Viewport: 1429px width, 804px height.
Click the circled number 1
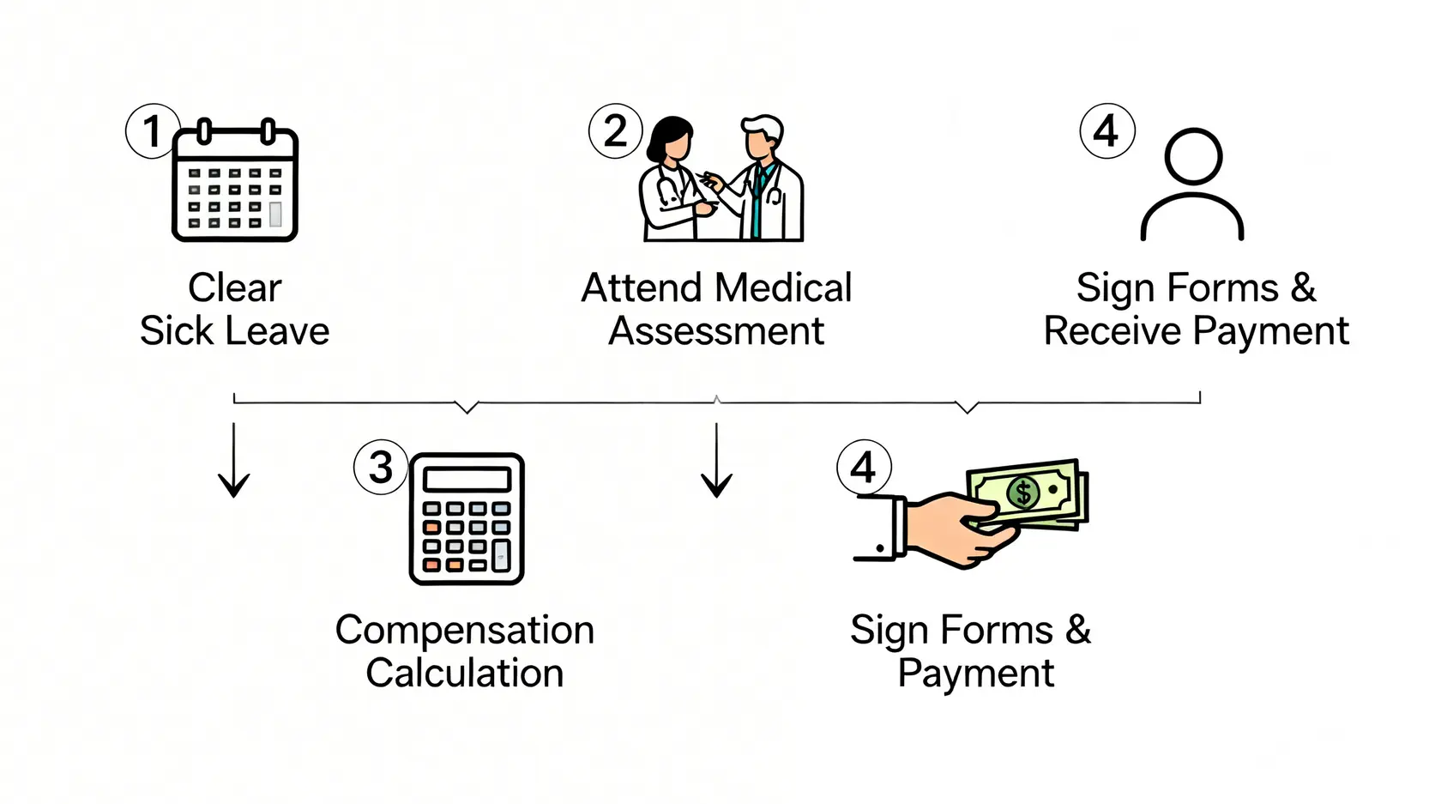pyautogui.click(x=153, y=131)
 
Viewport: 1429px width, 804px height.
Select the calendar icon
pyautogui.click(x=235, y=183)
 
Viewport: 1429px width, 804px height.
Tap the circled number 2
pyautogui.click(x=615, y=131)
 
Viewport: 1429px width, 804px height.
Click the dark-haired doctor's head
pyautogui.click(x=670, y=138)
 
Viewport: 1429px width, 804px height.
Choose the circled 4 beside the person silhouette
pyautogui.click(x=1106, y=131)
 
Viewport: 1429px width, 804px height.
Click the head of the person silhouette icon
pyautogui.click(x=1192, y=156)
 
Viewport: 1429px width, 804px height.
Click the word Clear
pyautogui.click(x=234, y=288)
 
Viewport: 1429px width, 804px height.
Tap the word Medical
pyautogui.click(x=784, y=288)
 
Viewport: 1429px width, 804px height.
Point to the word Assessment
pyautogui.click(x=716, y=331)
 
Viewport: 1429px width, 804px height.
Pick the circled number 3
pyautogui.click(x=380, y=467)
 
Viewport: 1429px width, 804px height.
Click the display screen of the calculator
pyautogui.click(x=467, y=478)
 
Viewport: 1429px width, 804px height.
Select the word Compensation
pyautogui.click(x=464, y=630)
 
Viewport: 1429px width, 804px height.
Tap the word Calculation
pyautogui.click(x=464, y=673)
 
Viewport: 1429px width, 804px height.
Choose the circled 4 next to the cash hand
pyautogui.click(x=863, y=467)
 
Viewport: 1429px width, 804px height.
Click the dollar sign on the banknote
pyautogui.click(x=1022, y=493)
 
